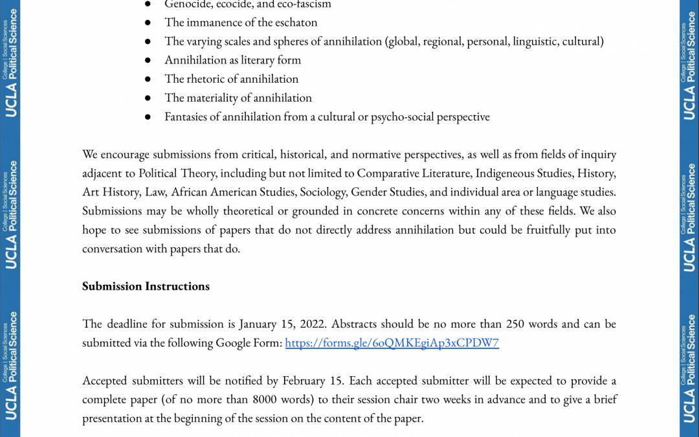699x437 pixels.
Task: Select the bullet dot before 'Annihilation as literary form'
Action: pyautogui.click(x=148, y=60)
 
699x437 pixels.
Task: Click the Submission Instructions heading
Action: pyautogui.click(x=146, y=286)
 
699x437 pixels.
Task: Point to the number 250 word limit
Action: pyautogui.click(x=515, y=324)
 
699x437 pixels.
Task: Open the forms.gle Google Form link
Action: pyautogui.click(x=392, y=343)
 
